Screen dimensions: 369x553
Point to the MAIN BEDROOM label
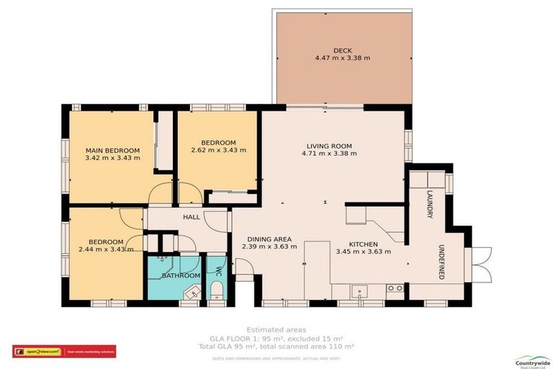(x=112, y=150)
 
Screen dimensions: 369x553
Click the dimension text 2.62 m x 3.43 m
(x=219, y=151)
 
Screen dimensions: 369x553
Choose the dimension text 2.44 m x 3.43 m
(x=106, y=249)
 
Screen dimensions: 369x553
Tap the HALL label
(x=191, y=217)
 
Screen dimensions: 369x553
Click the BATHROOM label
(x=180, y=275)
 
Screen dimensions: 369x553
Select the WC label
(x=217, y=271)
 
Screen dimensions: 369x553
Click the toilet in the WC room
(x=216, y=290)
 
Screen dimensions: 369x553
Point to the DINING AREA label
(x=269, y=239)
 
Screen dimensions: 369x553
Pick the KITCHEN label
(x=364, y=244)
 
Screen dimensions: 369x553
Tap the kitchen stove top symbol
(x=394, y=288)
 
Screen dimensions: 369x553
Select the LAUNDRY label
(x=429, y=199)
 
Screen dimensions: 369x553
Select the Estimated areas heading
(x=276, y=329)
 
